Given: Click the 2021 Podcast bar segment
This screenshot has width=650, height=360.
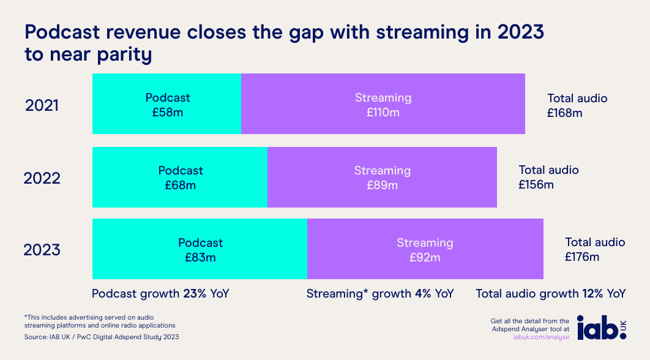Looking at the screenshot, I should point(166,104).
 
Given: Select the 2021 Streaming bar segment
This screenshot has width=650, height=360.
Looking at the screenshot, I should point(383,104).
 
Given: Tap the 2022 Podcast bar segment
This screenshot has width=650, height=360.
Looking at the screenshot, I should point(180,177).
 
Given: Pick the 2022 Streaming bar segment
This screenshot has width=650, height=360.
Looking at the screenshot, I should point(382,177).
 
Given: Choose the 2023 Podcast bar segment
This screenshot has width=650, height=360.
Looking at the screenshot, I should point(200,249).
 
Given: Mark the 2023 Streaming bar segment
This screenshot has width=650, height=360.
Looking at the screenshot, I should point(425,249).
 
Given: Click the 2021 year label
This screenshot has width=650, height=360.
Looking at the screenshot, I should point(42,106).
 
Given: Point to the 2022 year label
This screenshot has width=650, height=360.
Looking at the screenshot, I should point(42,179).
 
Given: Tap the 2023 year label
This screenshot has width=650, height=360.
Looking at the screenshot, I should point(42,250).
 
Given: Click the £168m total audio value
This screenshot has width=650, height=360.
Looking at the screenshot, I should point(565,113).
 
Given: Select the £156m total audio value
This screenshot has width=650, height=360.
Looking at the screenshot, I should point(536,184).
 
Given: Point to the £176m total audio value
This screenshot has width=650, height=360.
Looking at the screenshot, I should point(582,257).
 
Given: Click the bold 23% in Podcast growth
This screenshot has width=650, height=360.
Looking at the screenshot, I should point(195,294).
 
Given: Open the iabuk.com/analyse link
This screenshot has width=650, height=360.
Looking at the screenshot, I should point(541,337).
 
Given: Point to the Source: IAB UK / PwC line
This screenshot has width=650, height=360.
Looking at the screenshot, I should point(102,337).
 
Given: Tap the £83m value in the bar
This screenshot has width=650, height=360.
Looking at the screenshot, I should point(200,257).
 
